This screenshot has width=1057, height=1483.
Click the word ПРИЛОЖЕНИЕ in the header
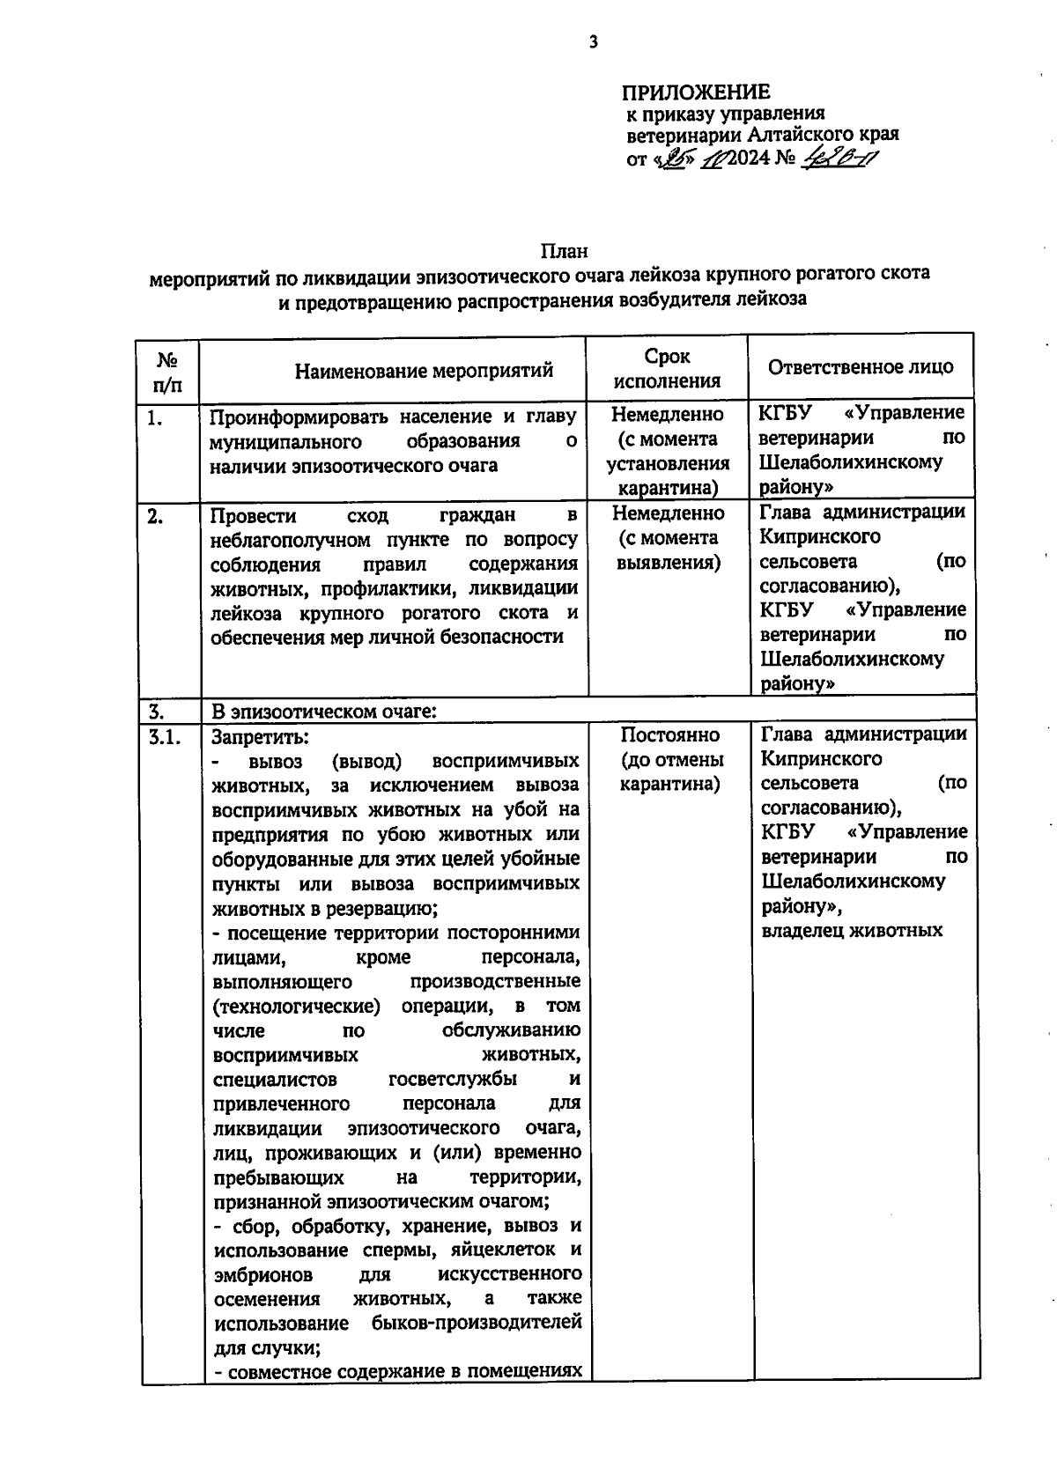697,92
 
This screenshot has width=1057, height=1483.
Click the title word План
565,252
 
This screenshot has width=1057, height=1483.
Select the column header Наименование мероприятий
424,370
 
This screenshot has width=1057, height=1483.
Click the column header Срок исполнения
667,368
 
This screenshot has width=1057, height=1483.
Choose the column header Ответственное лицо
860,367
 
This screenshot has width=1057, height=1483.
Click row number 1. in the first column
155,418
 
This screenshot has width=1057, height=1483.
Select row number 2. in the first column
155,517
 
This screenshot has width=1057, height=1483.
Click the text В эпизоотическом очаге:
323,711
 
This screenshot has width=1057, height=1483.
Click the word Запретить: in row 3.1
260,736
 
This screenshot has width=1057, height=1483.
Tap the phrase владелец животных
852,931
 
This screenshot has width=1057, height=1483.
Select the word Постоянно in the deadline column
669,734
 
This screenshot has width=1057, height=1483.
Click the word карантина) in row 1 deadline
667,488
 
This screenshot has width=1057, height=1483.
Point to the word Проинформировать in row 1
299,416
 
